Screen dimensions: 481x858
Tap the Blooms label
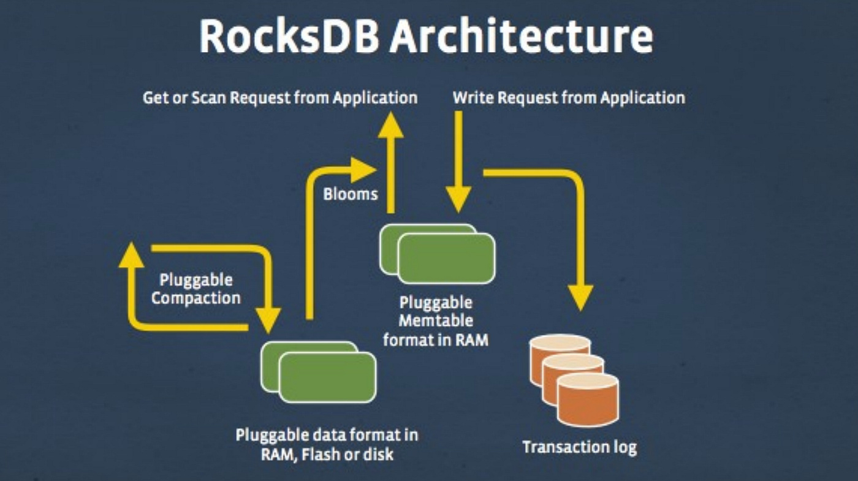tap(350, 194)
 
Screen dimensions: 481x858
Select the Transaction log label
tap(579, 447)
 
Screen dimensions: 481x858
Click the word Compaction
tap(196, 298)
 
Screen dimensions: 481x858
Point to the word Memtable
tap(436, 320)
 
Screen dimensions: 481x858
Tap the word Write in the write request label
tap(470, 97)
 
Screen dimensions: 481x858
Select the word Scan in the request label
tap(208, 97)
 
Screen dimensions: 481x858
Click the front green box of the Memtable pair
tap(446, 258)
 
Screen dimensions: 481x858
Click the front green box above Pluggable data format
tap(327, 377)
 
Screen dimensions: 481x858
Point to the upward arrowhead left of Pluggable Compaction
tap(131, 255)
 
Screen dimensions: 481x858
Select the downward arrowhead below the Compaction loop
tap(268, 319)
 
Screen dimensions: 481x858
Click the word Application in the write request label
tap(642, 97)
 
